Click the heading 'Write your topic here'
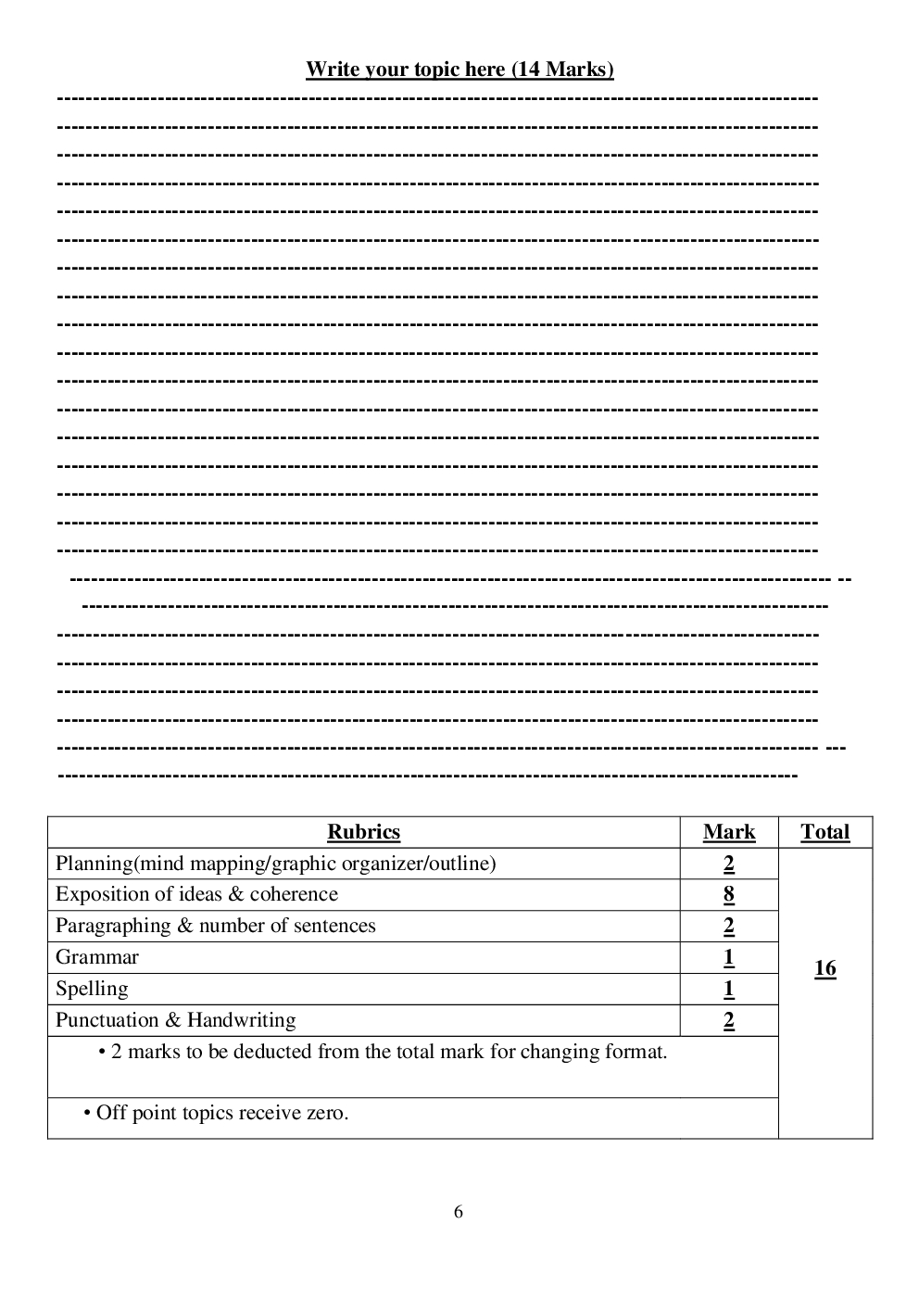pos(406,69)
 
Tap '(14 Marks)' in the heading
pos(562,69)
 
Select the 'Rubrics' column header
pos(363,832)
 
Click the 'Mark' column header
pos(729,832)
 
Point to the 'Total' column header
pos(825,832)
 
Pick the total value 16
pos(825,968)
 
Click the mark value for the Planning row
pos(729,864)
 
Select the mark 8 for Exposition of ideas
pos(729,894)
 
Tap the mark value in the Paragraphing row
pos(729,926)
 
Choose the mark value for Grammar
pos(729,957)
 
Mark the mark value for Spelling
pos(729,989)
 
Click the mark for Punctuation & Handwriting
pos(729,1020)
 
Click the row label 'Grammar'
pos(97,957)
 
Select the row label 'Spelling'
pos(92,989)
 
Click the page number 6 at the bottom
pos(459,1212)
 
